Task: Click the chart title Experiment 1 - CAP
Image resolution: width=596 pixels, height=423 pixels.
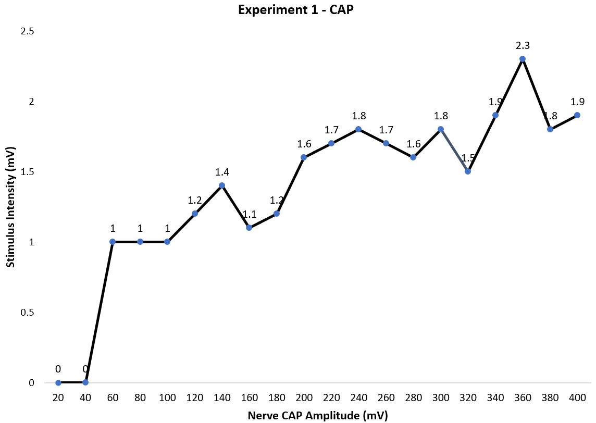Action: tap(296, 10)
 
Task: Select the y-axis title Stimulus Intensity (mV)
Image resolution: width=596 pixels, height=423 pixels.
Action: tap(10, 207)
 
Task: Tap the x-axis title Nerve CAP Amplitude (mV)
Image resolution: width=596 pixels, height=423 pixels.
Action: tap(318, 415)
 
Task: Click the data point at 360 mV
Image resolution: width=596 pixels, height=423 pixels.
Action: tap(523, 59)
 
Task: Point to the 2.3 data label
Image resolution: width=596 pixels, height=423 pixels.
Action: tap(523, 45)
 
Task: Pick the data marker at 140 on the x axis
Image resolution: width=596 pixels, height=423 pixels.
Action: tap(222, 185)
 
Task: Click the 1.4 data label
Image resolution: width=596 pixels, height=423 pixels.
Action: tap(222, 172)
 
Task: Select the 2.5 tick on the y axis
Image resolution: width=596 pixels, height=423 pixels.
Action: tap(27, 31)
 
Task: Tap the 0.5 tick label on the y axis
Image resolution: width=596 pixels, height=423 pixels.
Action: tap(27, 313)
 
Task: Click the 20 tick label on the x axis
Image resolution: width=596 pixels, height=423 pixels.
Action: tap(58, 398)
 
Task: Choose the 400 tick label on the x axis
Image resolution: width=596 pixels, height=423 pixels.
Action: tap(577, 398)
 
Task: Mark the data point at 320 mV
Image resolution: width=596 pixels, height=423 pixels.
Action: tap(468, 171)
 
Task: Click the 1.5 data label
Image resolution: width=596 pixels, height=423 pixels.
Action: tap(468, 158)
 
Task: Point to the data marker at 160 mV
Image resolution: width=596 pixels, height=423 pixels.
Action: tap(249, 228)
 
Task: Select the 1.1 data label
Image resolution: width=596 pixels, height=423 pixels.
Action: tap(249, 214)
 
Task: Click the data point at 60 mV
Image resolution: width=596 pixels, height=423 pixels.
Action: tap(113, 242)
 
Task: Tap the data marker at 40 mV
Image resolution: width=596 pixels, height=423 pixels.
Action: tap(85, 382)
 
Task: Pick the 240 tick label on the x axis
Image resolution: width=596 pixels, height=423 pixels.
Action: tap(358, 398)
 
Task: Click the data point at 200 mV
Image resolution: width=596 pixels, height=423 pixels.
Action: tap(304, 157)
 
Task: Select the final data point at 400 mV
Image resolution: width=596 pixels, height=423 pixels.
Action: tap(577, 115)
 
